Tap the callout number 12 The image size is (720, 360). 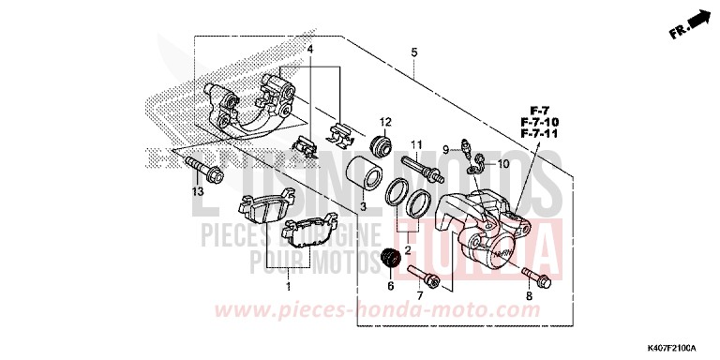384,123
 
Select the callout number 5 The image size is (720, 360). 413,53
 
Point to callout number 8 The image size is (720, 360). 529,297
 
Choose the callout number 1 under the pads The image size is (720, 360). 288,285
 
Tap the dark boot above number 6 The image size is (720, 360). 394,257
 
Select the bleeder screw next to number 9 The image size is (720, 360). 465,146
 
